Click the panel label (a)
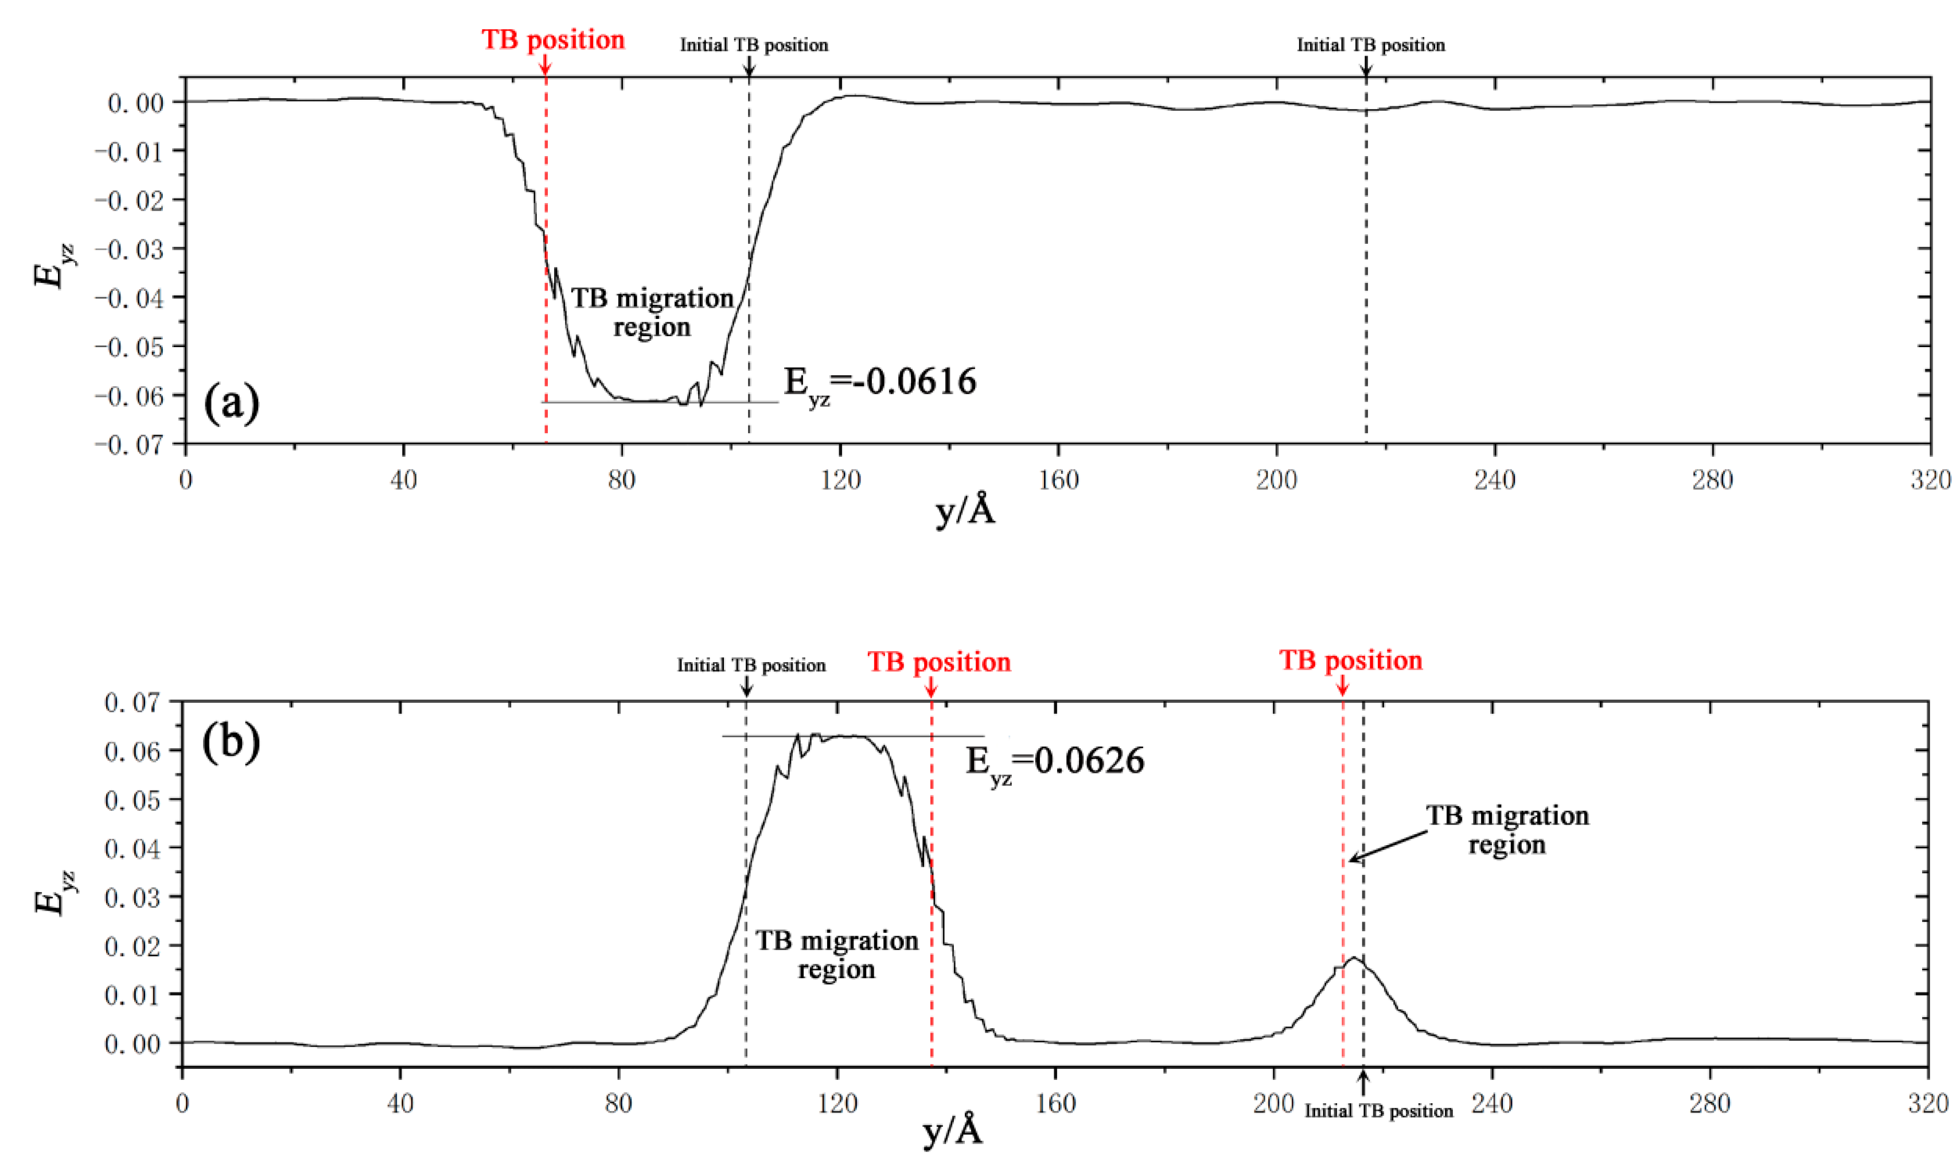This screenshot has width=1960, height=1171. [231, 403]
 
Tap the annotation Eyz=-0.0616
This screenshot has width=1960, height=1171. [879, 383]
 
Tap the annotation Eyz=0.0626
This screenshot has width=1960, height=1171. [1054, 762]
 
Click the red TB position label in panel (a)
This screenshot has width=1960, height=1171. [553, 40]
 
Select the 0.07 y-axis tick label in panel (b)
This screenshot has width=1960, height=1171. [132, 702]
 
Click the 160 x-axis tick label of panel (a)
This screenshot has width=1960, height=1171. [1058, 480]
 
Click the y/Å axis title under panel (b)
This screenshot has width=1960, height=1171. [953, 1133]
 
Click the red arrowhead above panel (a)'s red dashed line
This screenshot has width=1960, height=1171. [545, 69]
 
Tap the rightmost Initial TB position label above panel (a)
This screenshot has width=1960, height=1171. [1371, 45]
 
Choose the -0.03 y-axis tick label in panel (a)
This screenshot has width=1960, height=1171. [130, 250]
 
